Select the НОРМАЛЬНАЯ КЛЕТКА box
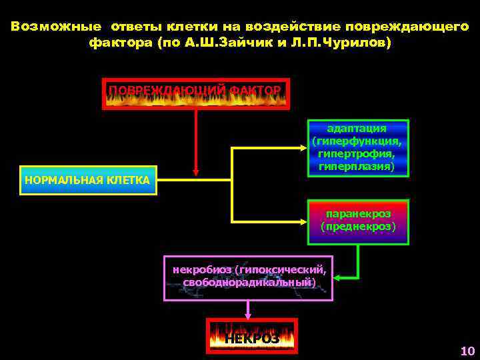(88, 180)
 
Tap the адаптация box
(357, 147)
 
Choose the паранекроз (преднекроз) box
(357, 221)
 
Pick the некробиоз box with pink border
(249, 277)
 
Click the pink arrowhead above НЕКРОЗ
(249, 313)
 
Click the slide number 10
(467, 351)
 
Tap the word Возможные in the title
(56, 27)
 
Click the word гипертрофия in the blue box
(357, 154)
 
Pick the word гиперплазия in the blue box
(357, 167)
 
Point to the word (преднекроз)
(357, 227)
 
